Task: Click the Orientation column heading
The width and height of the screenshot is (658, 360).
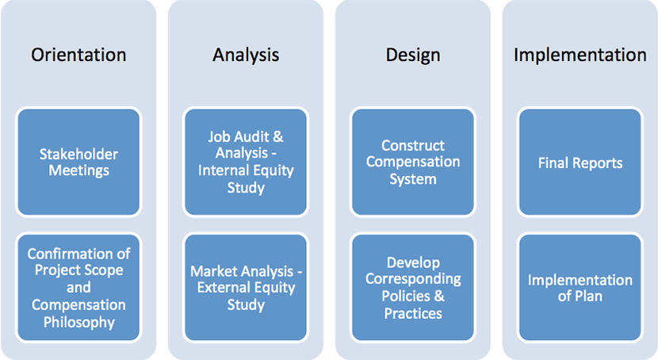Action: (78, 55)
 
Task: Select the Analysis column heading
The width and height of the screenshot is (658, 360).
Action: (246, 55)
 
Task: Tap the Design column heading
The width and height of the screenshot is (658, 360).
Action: (413, 56)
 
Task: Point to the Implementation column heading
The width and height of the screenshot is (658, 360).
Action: (580, 56)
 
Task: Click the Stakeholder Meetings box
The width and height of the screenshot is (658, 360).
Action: (78, 162)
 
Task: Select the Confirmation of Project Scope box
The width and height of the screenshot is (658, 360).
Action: (78, 287)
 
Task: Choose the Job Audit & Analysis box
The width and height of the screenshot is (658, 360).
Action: (246, 162)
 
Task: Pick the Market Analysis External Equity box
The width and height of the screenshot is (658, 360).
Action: (246, 287)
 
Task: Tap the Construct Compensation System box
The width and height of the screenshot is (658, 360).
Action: (413, 162)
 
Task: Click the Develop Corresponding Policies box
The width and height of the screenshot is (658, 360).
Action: (413, 287)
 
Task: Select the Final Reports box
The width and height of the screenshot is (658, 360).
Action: (580, 162)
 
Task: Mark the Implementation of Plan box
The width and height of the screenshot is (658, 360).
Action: (580, 287)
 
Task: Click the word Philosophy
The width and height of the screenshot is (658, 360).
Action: (79, 322)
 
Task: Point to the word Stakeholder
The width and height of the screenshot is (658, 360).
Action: (78, 154)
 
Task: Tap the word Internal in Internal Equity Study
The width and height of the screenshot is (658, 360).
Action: (223, 170)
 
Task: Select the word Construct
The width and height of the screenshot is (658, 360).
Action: (413, 145)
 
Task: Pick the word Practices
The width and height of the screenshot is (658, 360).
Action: (413, 313)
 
